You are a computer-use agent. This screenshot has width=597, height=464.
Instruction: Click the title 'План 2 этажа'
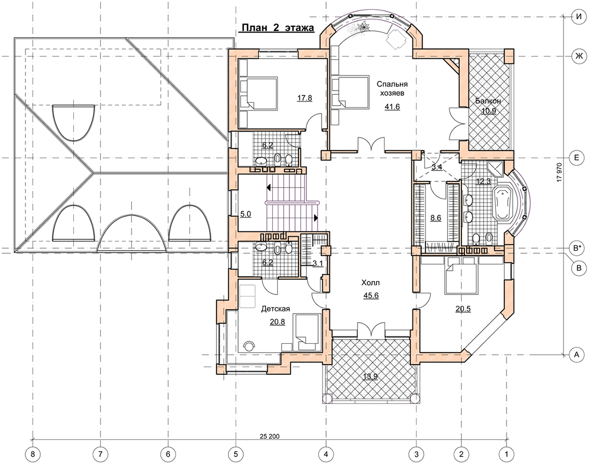276,28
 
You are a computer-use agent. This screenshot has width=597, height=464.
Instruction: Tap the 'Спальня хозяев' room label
392,88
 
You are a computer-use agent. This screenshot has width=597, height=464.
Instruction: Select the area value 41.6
392,107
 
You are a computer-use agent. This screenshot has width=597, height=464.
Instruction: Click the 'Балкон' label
488,101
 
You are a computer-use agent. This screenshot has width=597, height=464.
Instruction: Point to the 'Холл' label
371,283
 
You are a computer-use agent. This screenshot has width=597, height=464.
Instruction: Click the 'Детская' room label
275,309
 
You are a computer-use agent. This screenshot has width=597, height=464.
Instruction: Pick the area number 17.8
305,98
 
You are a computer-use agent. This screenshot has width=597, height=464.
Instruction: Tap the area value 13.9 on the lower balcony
371,377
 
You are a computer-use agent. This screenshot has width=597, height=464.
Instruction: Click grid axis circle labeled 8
32,454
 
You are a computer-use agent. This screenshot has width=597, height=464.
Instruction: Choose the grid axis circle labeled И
579,16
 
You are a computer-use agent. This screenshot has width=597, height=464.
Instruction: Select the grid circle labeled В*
577,248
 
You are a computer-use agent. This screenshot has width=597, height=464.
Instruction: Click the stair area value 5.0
245,214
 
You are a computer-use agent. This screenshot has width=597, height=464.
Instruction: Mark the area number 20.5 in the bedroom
463,309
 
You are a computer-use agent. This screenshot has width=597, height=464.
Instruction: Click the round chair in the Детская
250,346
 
